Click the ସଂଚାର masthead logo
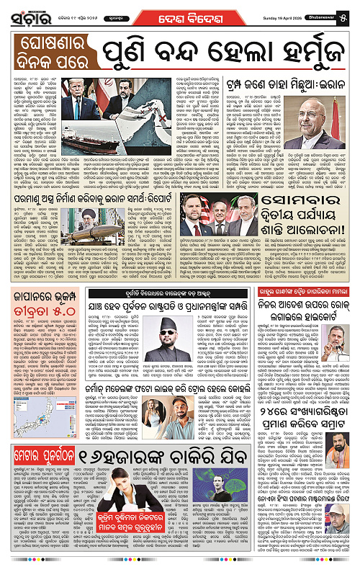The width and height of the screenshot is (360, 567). pos(27,17)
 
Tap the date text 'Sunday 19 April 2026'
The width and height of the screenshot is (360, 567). pos(274,12)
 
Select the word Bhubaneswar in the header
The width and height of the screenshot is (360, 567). pos(318,12)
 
